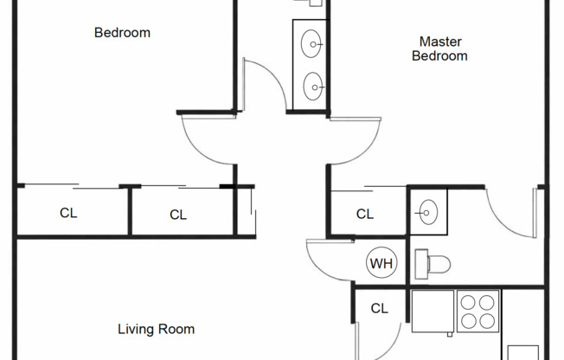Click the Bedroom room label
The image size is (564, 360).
(122, 33)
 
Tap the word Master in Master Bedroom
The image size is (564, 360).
(439, 41)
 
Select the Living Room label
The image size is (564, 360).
(156, 329)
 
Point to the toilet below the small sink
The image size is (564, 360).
(427, 263)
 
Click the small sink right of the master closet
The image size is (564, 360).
(426, 210)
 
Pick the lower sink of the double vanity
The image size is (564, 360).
(312, 85)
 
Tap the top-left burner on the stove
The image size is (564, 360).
(467, 303)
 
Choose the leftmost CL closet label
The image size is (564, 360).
(68, 213)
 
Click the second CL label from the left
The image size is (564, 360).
(178, 215)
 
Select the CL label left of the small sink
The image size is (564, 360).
(365, 214)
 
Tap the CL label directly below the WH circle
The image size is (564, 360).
(379, 308)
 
